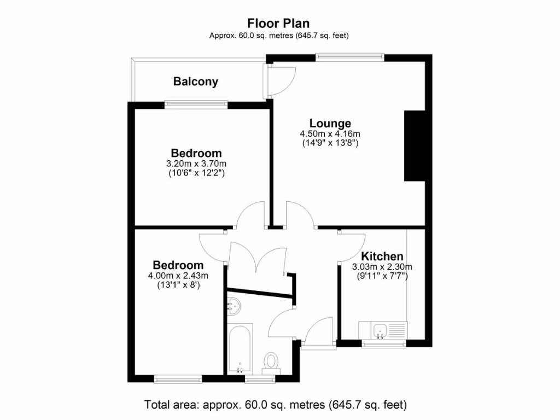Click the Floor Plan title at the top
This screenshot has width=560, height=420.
278,23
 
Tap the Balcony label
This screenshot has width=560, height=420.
196,81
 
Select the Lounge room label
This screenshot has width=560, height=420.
330,123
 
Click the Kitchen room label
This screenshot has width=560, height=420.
382,256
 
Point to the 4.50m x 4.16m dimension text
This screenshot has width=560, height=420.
330,133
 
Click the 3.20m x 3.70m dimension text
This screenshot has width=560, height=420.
197,164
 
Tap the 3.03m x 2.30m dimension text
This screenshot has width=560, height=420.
382,266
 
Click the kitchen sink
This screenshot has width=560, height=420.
380,330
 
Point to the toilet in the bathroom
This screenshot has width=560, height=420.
271,361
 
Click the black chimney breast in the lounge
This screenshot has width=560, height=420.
415,145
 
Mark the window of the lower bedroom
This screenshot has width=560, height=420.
178,378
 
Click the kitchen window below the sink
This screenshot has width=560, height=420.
384,344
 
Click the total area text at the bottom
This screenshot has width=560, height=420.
276,405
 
